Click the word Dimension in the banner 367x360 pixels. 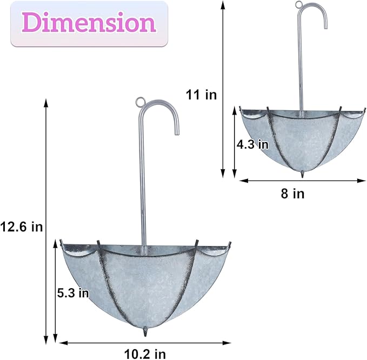tap(89, 23)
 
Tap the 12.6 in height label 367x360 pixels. tap(21, 226)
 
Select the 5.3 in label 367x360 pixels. tap(72, 293)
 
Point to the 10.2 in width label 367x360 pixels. tap(144, 354)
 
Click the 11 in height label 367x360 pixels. tap(201, 95)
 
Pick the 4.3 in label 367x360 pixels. tap(252, 144)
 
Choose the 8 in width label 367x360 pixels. tap(292, 193)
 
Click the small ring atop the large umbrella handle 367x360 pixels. tap(141, 101)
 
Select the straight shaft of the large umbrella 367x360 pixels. tap(144, 184)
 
